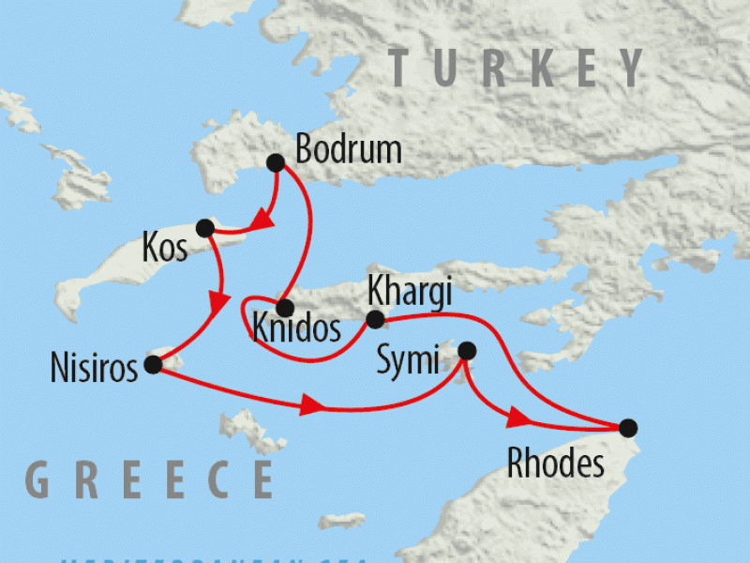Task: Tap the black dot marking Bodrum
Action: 276,162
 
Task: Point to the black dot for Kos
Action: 204,226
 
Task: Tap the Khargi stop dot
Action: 375,320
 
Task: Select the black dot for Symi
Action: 466,351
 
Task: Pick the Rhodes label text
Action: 555,464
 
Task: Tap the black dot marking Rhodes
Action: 627,427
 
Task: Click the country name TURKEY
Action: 517,69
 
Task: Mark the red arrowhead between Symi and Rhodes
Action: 518,418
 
